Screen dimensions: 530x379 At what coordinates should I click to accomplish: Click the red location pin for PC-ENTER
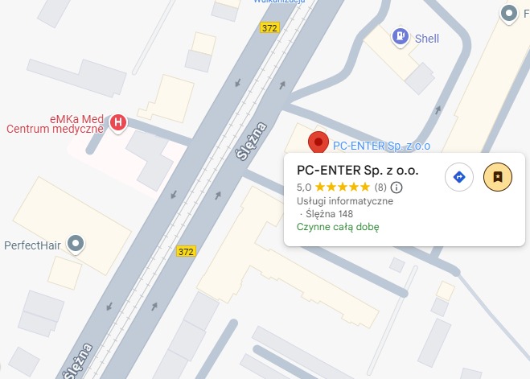pos(319,142)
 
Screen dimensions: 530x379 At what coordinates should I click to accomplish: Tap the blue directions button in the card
pos(459,177)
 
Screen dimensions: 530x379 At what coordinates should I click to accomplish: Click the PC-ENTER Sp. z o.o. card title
pos(357,171)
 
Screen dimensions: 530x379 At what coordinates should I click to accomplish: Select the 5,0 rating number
pos(304,187)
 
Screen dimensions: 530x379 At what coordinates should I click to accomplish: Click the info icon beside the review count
pos(396,187)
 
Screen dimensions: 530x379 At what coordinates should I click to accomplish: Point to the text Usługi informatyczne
pos(345,201)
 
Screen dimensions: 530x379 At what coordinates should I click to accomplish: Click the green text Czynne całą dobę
pos(338,227)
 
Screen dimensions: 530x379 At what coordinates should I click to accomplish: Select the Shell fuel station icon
pos(399,37)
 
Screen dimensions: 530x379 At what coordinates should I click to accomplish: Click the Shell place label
pos(427,38)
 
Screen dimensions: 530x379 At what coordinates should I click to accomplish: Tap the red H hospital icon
pos(118,122)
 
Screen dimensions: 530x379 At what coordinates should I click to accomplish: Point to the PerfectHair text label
pos(33,244)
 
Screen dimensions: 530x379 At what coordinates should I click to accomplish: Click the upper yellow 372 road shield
pos(269,27)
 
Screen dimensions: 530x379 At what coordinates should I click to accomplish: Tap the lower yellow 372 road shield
pos(187,252)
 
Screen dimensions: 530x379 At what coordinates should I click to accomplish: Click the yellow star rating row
pos(343,187)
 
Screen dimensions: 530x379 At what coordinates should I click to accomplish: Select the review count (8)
pos(380,187)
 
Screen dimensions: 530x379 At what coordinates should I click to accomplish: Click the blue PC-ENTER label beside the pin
pos(381,146)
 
